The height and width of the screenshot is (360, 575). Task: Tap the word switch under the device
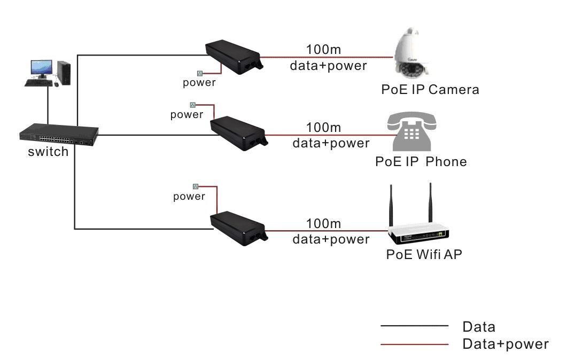(x=48, y=152)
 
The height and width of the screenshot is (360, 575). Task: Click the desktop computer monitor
(x=42, y=69)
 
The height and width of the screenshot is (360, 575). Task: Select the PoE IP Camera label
(x=430, y=89)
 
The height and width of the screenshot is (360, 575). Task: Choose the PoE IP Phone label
(x=421, y=161)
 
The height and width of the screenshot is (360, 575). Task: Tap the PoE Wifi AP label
(x=424, y=254)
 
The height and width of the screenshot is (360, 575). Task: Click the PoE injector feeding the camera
(x=234, y=57)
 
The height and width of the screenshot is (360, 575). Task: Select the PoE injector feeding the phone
(x=238, y=132)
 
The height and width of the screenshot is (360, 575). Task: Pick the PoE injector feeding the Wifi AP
(x=238, y=228)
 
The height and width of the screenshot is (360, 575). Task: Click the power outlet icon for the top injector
(x=200, y=73)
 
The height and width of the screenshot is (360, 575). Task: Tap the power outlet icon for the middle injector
(x=193, y=105)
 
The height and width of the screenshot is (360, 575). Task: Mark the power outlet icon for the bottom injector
(x=196, y=186)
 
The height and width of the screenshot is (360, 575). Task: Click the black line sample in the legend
(x=414, y=325)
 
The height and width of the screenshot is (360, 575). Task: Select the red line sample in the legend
(x=414, y=344)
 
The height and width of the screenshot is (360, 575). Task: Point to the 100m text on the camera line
(x=323, y=50)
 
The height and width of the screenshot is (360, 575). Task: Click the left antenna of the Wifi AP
(x=392, y=206)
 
